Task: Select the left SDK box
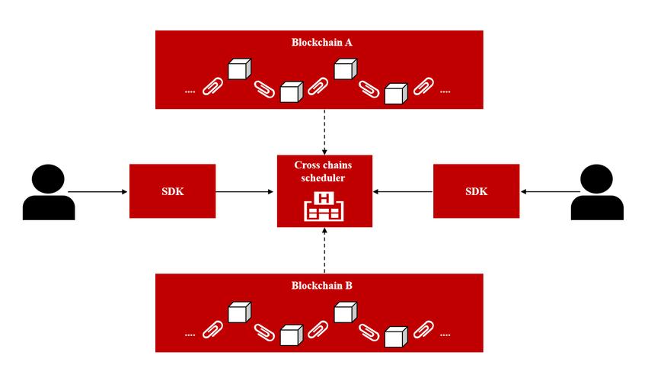pos(173,190)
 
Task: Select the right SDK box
pos(476,190)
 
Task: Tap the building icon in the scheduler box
pos(324,207)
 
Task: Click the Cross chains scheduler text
pos(324,171)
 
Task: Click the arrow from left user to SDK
pos(99,191)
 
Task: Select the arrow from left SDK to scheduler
pos(246,191)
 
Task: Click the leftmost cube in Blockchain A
pos(240,69)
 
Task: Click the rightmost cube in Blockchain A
pos(394,93)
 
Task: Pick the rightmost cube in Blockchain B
pos(394,335)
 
